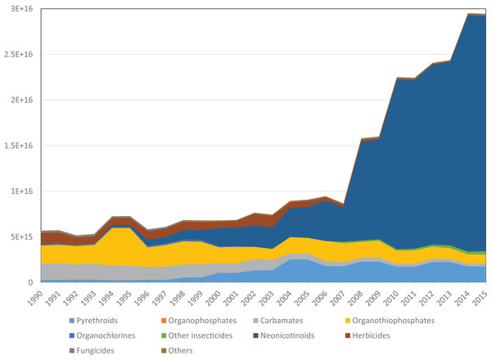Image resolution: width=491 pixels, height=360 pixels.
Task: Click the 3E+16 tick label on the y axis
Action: [x=18, y=8]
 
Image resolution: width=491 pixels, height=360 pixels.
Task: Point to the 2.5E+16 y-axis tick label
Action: [x=16, y=54]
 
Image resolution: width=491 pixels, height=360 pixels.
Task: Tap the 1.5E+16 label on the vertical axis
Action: [x=16, y=146]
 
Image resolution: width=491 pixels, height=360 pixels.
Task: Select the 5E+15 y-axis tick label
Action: [x=18, y=237]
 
